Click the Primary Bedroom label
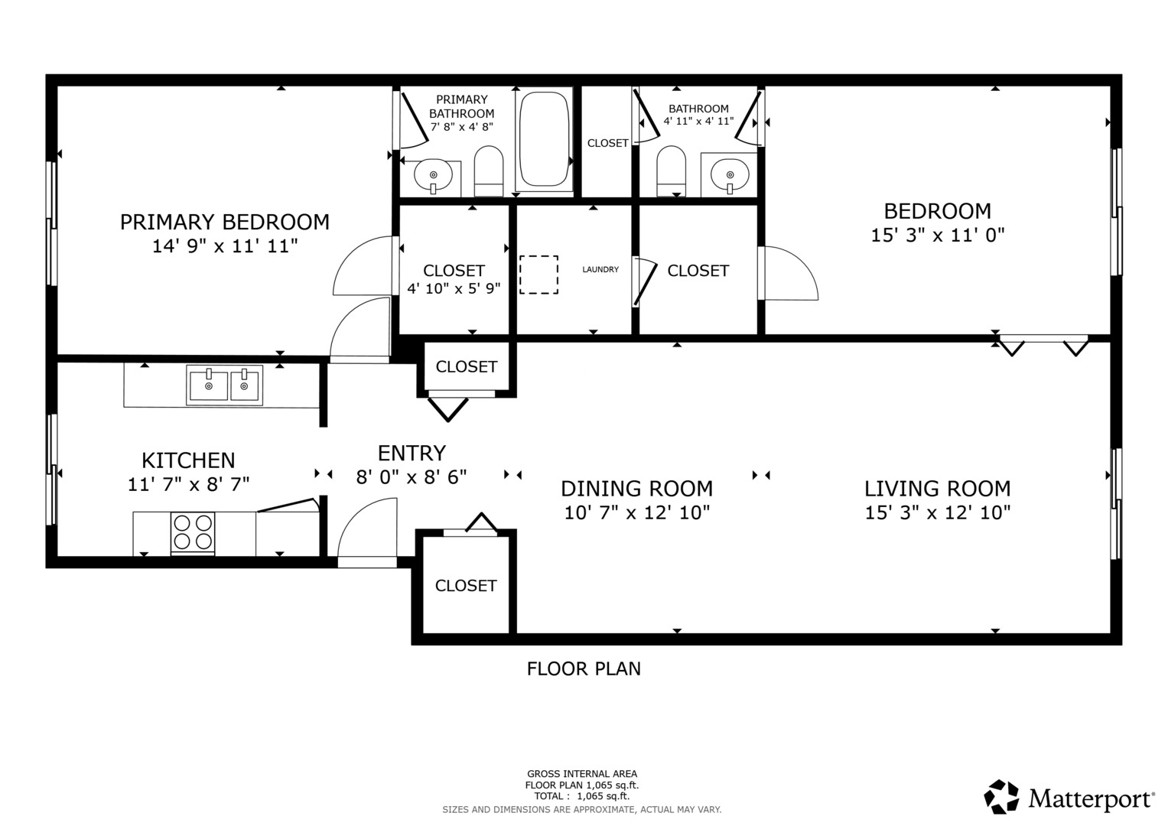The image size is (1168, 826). pos(224,222)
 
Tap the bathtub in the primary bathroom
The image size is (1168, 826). pos(544,140)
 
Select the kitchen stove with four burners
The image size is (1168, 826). pos(193,532)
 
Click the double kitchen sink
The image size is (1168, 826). pos(225,385)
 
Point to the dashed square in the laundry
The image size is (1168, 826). pos(538,275)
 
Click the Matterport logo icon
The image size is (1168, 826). pos(1001,797)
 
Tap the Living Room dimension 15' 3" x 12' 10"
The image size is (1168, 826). pos(937,512)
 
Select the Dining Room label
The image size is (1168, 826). pos(636,489)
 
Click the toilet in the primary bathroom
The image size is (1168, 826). pos(488,171)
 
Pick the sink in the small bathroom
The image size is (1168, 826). pos(729,174)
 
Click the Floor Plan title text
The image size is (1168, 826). pos(584,668)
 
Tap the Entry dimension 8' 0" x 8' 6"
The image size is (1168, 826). pos(412,477)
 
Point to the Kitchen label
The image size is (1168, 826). pos(188,460)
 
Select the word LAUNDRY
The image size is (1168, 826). pos(600,269)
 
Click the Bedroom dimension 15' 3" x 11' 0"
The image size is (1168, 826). pos(937,235)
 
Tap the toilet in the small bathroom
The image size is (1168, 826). pos(672,171)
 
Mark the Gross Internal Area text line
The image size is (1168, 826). pos(581,773)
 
